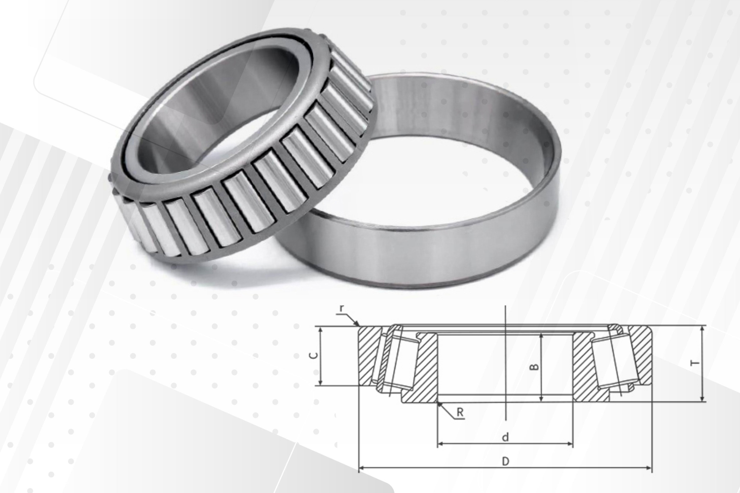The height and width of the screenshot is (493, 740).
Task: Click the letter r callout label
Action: click(x=341, y=309)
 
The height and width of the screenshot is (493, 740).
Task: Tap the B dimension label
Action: click(x=533, y=366)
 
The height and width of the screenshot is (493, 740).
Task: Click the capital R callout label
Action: click(x=460, y=413)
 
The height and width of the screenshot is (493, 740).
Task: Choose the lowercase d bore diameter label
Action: click(x=505, y=437)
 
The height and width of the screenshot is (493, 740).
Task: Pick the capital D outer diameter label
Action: click(x=505, y=461)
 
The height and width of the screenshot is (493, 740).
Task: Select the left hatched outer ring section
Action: click(x=368, y=355)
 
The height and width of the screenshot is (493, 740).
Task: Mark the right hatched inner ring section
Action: click(x=585, y=370)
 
